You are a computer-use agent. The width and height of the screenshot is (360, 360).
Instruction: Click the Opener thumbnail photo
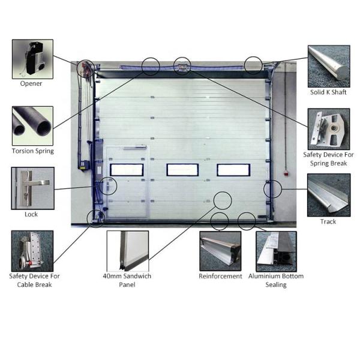click(x=32, y=59)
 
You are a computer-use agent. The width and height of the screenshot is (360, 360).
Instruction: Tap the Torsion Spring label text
click(x=33, y=151)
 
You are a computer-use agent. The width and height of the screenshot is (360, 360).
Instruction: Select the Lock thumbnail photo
click(x=33, y=188)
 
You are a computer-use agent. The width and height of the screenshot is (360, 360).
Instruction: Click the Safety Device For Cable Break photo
click(x=32, y=251)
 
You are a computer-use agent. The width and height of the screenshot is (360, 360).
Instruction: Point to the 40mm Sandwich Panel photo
click(x=128, y=251)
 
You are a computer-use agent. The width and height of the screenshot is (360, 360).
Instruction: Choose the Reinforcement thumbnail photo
click(x=220, y=251)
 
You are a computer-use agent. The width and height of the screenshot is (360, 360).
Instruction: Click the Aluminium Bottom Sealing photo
click(x=276, y=251)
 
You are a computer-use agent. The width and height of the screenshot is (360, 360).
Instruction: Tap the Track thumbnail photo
click(x=329, y=195)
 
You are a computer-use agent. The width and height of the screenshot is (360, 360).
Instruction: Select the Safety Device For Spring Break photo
click(x=329, y=129)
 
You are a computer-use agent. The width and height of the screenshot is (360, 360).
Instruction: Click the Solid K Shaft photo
click(x=329, y=66)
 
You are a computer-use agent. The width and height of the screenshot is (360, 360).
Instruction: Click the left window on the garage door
click(x=127, y=170)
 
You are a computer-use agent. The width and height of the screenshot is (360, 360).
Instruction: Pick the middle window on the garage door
click(x=182, y=170)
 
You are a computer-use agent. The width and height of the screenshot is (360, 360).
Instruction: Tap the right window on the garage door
click(x=233, y=170)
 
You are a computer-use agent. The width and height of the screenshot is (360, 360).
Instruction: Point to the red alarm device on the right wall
click(x=286, y=173)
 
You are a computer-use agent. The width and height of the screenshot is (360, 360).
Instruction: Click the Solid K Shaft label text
click(x=328, y=92)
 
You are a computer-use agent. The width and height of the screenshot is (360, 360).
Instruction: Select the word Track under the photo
click(x=328, y=221)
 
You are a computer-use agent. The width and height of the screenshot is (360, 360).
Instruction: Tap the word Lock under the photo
click(x=31, y=214)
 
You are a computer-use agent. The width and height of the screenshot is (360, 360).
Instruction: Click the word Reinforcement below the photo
click(x=220, y=276)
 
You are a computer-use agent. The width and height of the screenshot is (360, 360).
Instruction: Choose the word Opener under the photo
click(x=31, y=83)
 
